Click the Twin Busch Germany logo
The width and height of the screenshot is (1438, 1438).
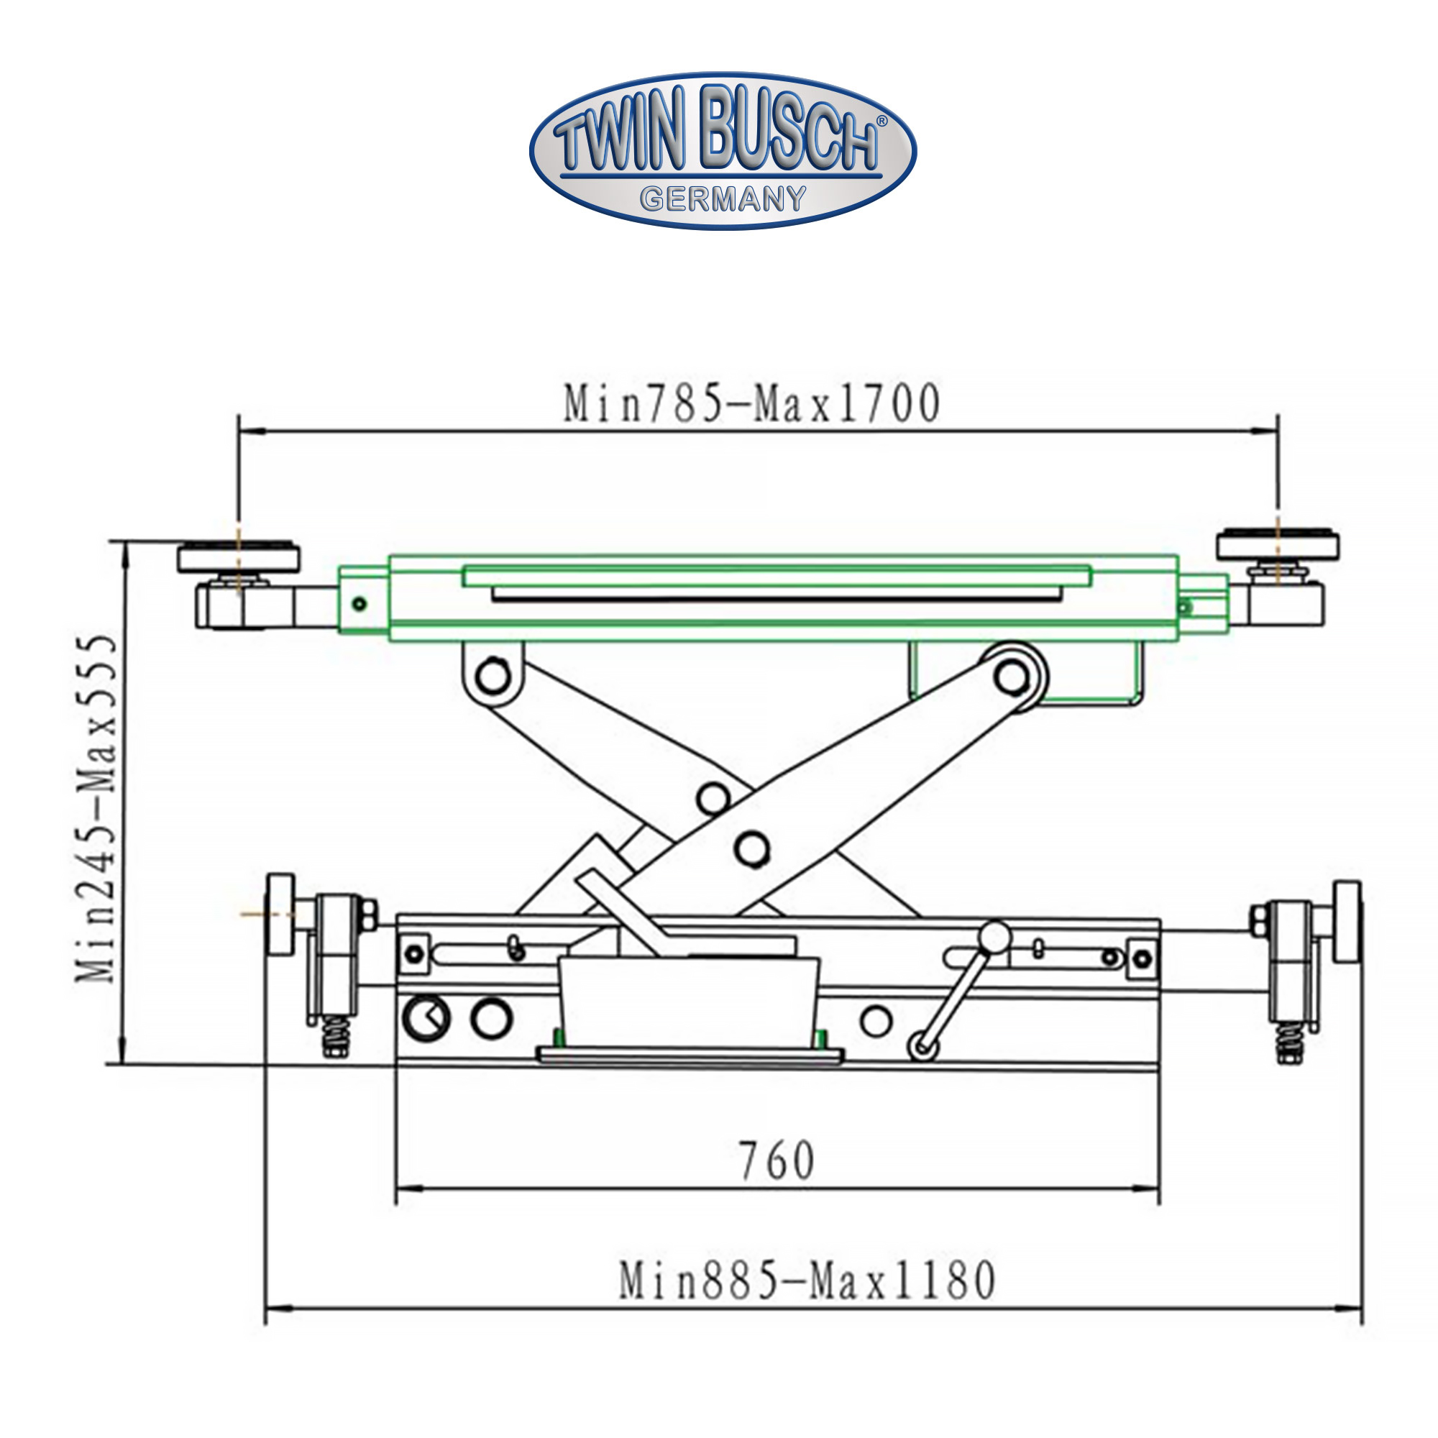point(723,151)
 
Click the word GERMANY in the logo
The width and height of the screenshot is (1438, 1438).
point(723,198)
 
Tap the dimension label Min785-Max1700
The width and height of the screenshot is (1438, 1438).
point(752,404)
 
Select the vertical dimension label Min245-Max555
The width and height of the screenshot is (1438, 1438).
point(97,808)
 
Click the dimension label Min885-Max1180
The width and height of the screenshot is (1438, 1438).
point(807,1281)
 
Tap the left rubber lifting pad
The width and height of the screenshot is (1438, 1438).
point(238,557)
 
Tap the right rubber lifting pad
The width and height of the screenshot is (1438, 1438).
point(1277,545)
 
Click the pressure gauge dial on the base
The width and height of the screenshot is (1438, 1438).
point(426,1017)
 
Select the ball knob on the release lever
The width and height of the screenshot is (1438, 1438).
point(994,937)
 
